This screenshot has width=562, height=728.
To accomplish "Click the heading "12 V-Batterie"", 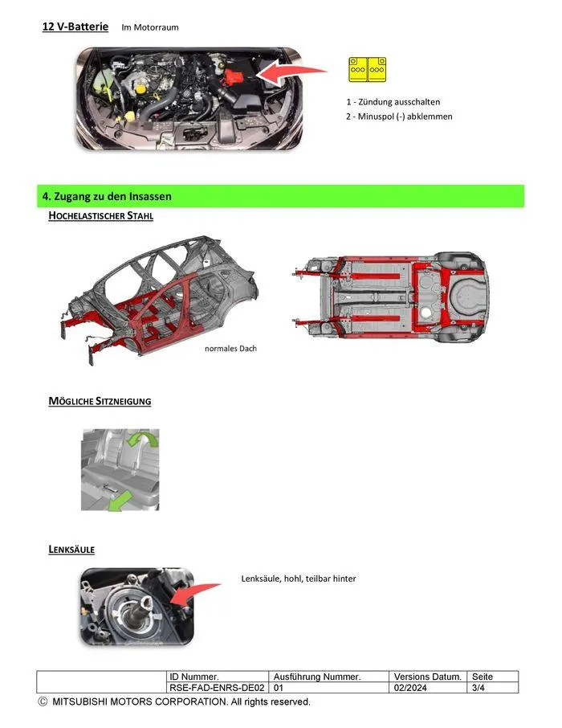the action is point(75,27).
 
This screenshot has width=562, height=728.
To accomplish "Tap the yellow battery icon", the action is point(367,70).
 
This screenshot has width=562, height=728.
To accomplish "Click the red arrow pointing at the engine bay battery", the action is point(291,72).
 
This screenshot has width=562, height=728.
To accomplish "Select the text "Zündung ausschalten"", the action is point(399,102).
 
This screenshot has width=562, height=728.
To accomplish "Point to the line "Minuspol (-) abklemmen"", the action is point(405,117).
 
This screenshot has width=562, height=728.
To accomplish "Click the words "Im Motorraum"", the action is point(150,27).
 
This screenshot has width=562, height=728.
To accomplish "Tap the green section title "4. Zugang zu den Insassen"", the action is point(107,196).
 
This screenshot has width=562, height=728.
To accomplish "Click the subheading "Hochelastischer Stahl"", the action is point(100,216).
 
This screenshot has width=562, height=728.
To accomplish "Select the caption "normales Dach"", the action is point(230,349).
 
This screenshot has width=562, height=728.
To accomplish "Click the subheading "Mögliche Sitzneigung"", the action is point(100,401).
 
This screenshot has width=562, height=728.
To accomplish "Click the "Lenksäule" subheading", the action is point(71,550).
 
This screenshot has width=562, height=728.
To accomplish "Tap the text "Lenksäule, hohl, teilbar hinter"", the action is point(299,579).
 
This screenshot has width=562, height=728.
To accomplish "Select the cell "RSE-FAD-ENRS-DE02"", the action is point(218,688).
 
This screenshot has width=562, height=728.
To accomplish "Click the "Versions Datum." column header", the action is point(428,677).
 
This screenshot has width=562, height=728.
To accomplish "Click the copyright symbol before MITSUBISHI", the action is point(43,701).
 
